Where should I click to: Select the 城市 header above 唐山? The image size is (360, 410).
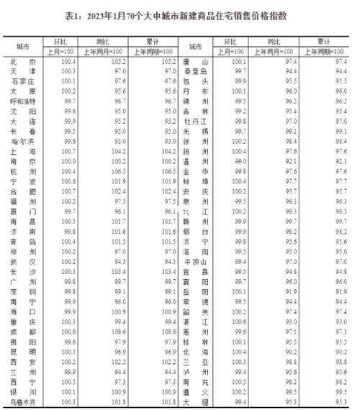[201, 46]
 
